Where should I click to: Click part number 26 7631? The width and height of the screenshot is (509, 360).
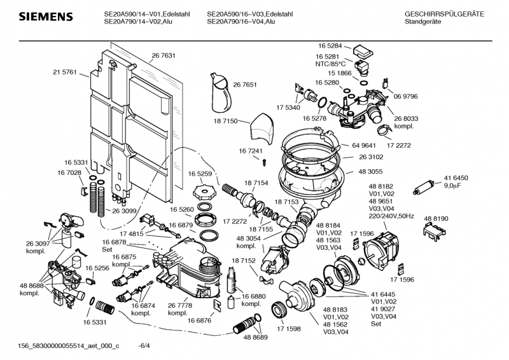point(164,56)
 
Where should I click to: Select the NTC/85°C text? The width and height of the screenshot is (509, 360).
point(330,64)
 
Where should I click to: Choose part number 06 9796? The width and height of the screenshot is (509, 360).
point(405,96)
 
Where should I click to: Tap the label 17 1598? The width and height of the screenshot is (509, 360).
point(289,329)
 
